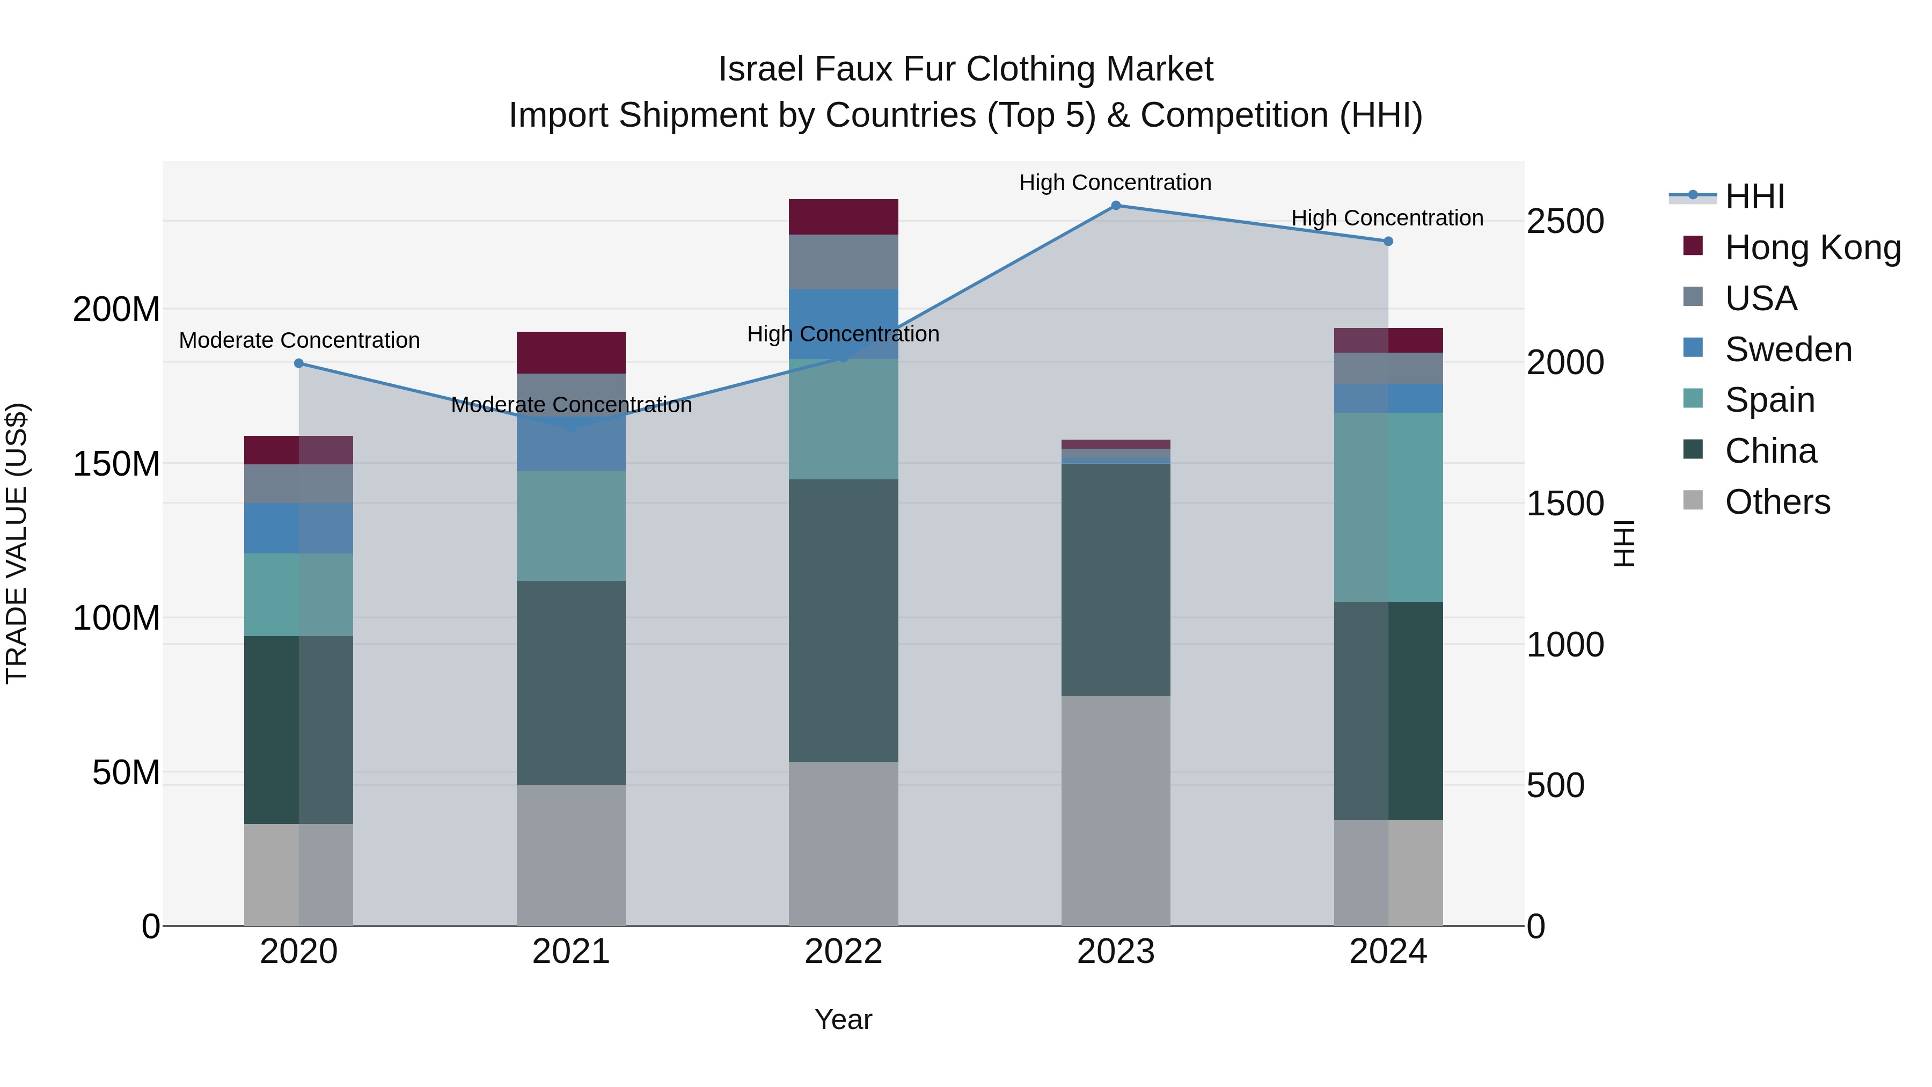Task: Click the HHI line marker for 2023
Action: click(x=1115, y=206)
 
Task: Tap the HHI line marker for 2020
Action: click(x=298, y=363)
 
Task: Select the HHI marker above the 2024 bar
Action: click(x=1387, y=242)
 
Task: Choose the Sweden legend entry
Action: click(x=1788, y=349)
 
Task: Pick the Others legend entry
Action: click(x=1777, y=502)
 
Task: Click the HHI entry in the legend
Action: click(x=1754, y=196)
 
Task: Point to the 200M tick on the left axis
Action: click(x=116, y=309)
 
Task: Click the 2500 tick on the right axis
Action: click(x=1564, y=221)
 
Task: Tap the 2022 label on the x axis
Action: click(x=843, y=952)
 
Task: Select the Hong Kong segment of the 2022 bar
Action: click(x=843, y=217)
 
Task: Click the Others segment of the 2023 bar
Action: click(x=1115, y=810)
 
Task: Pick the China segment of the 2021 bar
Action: click(x=571, y=683)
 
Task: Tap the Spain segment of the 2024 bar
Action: click(x=1387, y=507)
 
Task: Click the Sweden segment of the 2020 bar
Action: click(x=298, y=528)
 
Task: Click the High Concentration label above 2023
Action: click(x=1115, y=183)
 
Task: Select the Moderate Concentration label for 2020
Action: click(x=298, y=340)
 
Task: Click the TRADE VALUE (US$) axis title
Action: click(x=17, y=543)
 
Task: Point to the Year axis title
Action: click(x=843, y=1019)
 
